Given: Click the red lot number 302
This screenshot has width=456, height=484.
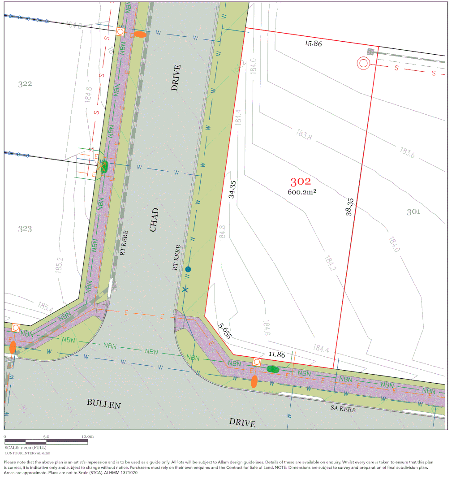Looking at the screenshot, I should coord(301,181).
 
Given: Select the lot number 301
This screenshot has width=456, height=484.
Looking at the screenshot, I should coord(413,212).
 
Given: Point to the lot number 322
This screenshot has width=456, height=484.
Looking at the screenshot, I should coord(25,84).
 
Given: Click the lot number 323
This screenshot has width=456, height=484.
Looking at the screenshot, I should coord(25,229).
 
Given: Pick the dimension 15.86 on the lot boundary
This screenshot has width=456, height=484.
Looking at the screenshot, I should coord(313,43).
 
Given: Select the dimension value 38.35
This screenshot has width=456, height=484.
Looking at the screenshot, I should coord(349,207).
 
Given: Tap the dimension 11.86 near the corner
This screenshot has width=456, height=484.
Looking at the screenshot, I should coord(277,354).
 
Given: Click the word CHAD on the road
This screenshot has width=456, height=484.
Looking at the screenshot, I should coord(154,220).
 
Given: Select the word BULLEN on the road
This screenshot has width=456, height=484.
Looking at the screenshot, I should coord(104,404).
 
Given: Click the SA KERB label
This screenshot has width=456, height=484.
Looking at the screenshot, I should coord(343,408).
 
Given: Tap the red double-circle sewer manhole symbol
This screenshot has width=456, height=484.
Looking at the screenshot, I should coord(363,64).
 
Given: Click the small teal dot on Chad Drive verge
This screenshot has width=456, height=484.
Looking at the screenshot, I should coord(188,269).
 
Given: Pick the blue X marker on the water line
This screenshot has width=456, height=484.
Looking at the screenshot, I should coord(186,290).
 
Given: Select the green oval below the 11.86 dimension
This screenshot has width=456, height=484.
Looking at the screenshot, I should coord(272,369).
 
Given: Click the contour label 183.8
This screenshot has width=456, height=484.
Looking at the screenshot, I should coord(304,134).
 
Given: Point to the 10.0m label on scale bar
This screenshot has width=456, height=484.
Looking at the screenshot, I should coord(87,436).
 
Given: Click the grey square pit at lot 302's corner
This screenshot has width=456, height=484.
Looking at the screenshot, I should coord(370,52).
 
